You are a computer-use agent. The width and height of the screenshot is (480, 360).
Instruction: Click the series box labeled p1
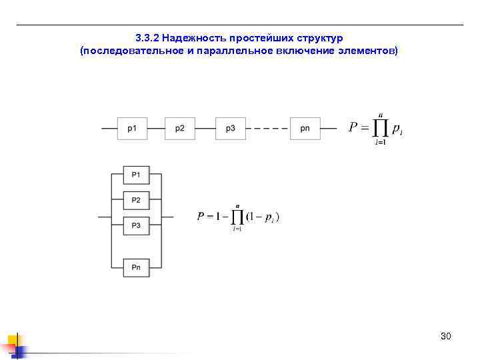(132, 128)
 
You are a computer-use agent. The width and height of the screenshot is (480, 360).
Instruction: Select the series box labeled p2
(180, 128)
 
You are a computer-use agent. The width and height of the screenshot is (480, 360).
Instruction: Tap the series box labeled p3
(230, 128)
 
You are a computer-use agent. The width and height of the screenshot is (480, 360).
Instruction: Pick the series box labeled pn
(305, 128)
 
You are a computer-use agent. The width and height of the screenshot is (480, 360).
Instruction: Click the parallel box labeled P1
(136, 175)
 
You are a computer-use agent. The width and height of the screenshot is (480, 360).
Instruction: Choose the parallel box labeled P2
(136, 200)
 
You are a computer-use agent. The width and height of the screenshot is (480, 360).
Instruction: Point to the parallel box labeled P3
(136, 226)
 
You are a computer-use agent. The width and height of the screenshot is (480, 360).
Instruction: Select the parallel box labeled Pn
(136, 268)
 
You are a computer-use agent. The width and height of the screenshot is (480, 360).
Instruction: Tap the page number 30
(446, 336)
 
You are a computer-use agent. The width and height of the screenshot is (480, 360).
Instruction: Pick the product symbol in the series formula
(380, 127)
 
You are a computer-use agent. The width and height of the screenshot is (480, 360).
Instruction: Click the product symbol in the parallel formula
(236, 217)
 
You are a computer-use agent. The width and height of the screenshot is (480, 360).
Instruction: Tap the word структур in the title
(319, 38)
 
